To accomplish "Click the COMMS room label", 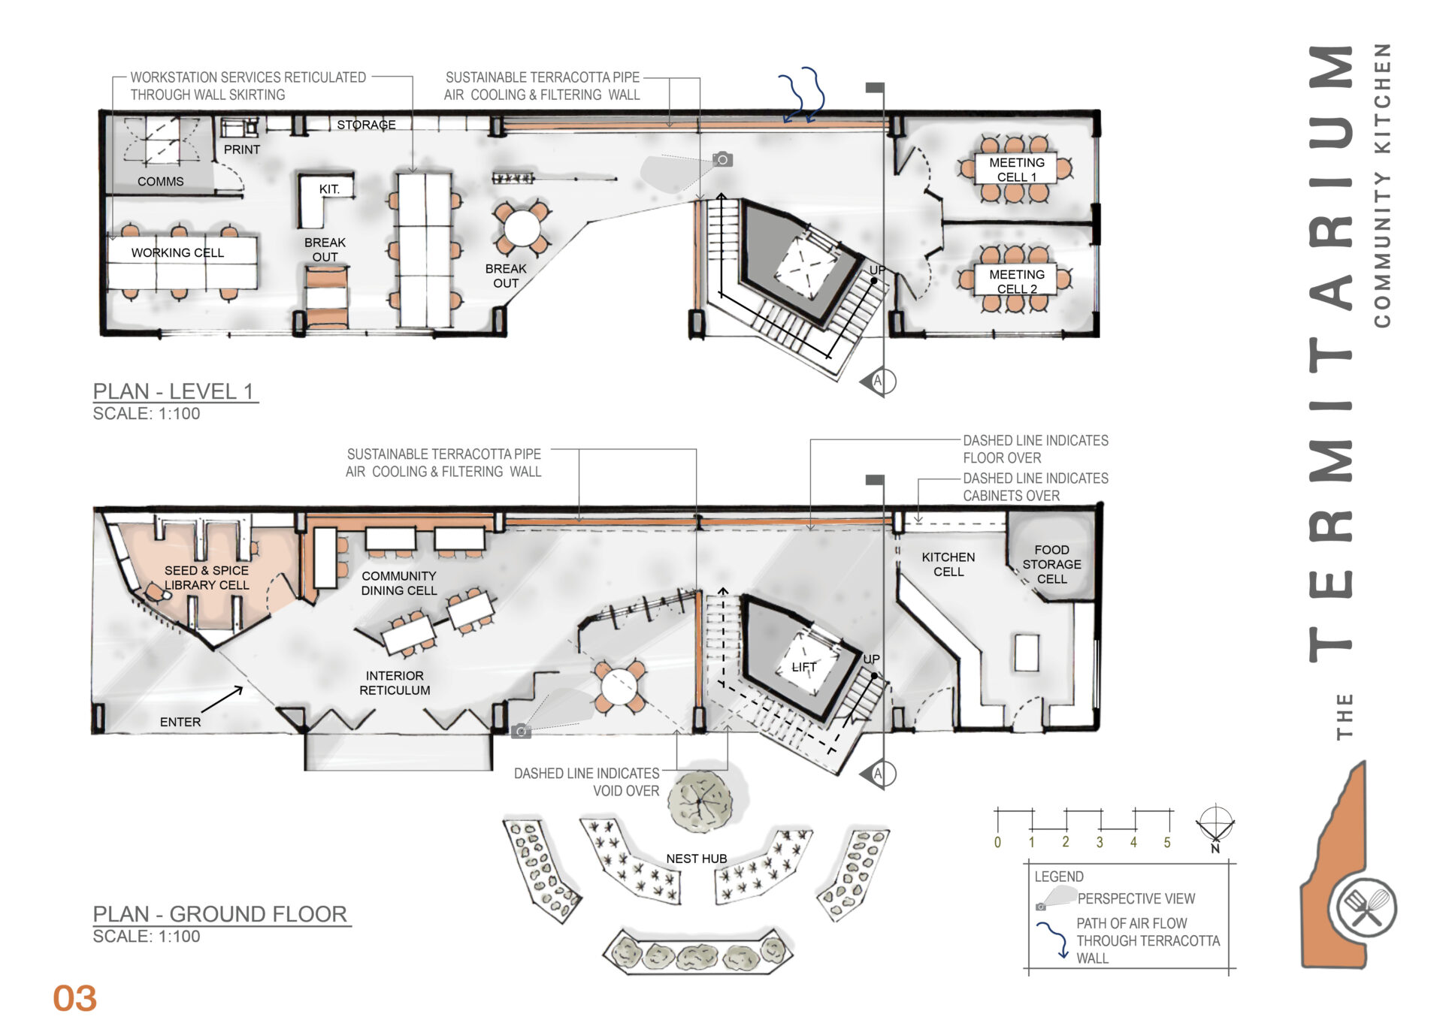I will pyautogui.click(x=160, y=182).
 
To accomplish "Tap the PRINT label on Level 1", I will pyautogui.click(x=241, y=149).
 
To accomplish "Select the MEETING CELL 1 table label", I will pyautogui.click(x=1016, y=170).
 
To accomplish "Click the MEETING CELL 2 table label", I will pyautogui.click(x=1016, y=282).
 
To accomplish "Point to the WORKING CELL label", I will pyautogui.click(x=177, y=253).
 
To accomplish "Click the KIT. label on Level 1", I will pyautogui.click(x=329, y=189).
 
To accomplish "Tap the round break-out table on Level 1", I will pyautogui.click(x=522, y=228).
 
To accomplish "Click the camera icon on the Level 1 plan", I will pyautogui.click(x=722, y=159).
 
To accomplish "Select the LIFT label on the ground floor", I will pyautogui.click(x=803, y=667).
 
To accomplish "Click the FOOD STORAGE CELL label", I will pyautogui.click(x=1051, y=564).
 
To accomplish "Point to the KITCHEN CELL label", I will pyautogui.click(x=948, y=564).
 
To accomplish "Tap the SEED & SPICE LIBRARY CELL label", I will pyautogui.click(x=206, y=578).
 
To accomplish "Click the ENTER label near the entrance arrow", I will pyautogui.click(x=180, y=722).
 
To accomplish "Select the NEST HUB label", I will pyautogui.click(x=696, y=859).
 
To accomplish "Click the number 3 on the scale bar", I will pyautogui.click(x=1100, y=842).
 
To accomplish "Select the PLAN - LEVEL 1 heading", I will pyautogui.click(x=174, y=391).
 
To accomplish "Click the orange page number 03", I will pyautogui.click(x=74, y=998).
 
